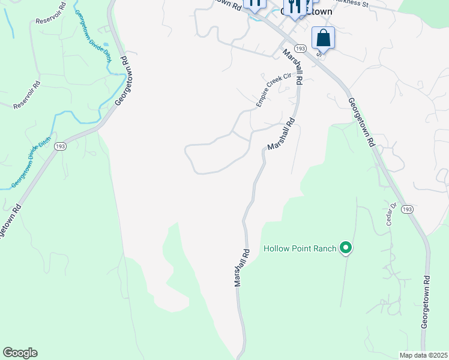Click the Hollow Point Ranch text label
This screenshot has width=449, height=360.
click(299, 248)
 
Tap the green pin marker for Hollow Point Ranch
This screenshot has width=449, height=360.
click(345, 247)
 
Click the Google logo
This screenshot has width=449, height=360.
click(20, 353)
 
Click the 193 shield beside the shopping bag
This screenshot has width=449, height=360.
click(301, 49)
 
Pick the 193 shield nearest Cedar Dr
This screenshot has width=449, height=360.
click(408, 209)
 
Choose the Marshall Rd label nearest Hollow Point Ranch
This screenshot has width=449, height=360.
click(242, 267)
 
